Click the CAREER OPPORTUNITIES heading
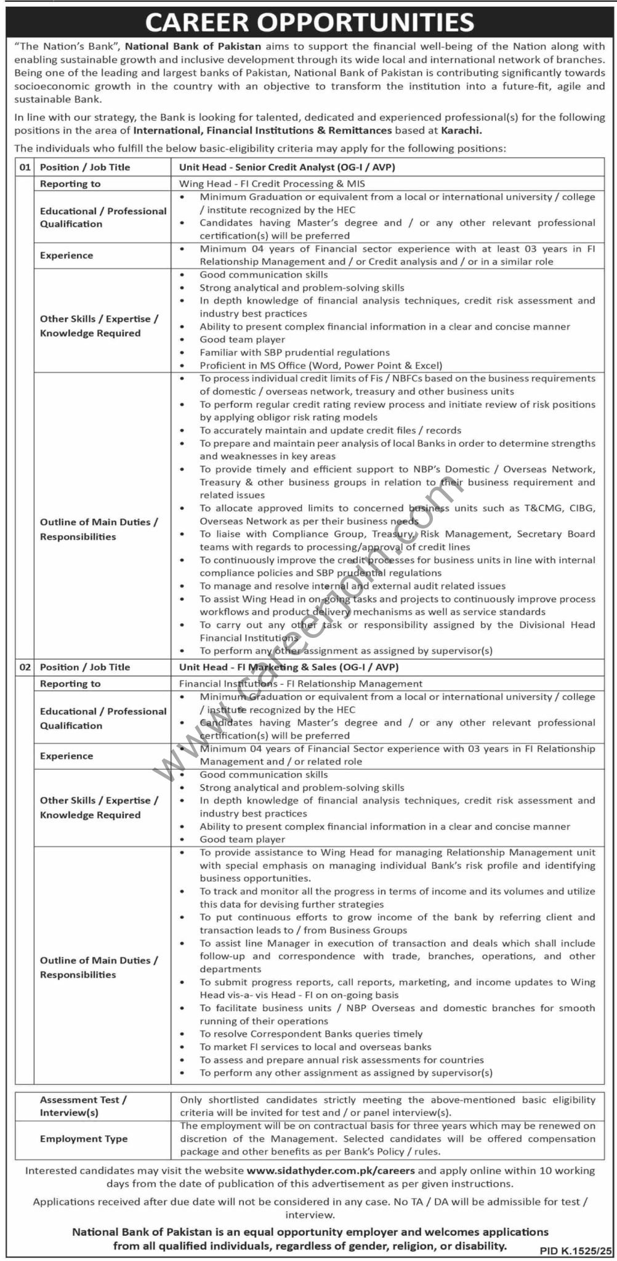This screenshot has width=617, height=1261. coord(309,22)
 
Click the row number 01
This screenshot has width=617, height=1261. coord(24,167)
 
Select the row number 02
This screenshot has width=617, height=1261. coord(24,667)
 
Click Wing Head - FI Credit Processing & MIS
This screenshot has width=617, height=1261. coord(272,183)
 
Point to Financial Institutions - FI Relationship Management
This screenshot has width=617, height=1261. coord(300,683)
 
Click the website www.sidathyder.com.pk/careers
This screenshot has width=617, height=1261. coord(331,1170)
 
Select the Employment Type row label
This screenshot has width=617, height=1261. coord(84,1138)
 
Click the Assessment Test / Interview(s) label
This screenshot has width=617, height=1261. coord(83,1106)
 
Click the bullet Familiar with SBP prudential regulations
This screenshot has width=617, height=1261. coord(294,352)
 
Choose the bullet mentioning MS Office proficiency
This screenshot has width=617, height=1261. coord(321,365)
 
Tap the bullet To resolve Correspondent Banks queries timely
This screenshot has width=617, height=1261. coord(311,1034)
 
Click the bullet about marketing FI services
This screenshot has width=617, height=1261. coord(315,1047)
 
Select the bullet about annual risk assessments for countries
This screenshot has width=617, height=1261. coord(341,1060)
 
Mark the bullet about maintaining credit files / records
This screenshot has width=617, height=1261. coord(330,430)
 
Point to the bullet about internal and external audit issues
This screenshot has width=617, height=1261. coord(352,586)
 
